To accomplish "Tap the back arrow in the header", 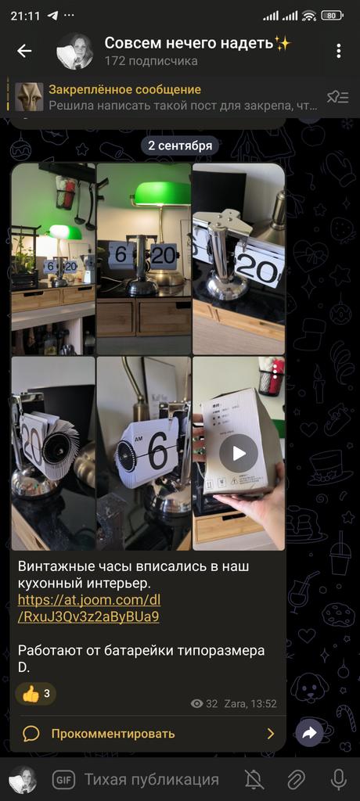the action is pyautogui.click(x=24, y=51).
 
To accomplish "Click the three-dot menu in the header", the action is pyautogui.click(x=339, y=51).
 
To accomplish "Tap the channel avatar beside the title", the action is pyautogui.click(x=74, y=51).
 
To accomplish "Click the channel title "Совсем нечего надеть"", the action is pyautogui.click(x=189, y=44).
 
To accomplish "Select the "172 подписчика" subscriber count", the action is pyautogui.click(x=151, y=61).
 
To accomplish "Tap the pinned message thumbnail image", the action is pyautogui.click(x=29, y=97).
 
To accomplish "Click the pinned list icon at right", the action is pyautogui.click(x=337, y=96).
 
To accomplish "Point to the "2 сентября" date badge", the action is pyautogui.click(x=180, y=145).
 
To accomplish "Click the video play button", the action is pyautogui.click(x=238, y=453).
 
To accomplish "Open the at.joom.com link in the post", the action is pyautogui.click(x=89, y=607).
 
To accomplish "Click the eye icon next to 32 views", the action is pyautogui.click(x=197, y=703).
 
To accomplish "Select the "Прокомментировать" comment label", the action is pyautogui.click(x=113, y=734).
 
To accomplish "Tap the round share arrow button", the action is pyautogui.click(x=309, y=734).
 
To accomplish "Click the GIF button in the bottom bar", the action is pyautogui.click(x=64, y=780).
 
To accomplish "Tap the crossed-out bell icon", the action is pyautogui.click(x=254, y=780).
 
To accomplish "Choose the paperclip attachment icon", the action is pyautogui.click(x=296, y=780).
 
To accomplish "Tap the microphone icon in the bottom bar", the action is pyautogui.click(x=338, y=780).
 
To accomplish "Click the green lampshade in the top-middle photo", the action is pyautogui.click(x=161, y=194).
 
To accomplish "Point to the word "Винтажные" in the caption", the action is pyautogui.click(x=57, y=566).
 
